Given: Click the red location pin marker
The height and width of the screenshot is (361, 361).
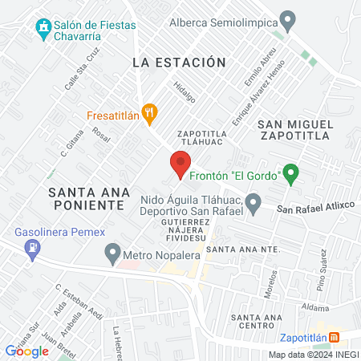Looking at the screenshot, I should (x=179, y=164).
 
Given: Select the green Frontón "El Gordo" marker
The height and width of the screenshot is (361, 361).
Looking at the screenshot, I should (x=291, y=172).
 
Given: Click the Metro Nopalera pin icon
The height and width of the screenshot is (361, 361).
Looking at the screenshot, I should (x=113, y=255).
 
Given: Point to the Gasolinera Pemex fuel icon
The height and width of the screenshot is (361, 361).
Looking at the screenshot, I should (x=32, y=251).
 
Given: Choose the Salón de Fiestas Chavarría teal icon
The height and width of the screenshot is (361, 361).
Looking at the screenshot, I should (x=43, y=30).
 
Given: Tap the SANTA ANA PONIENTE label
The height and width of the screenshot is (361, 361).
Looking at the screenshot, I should (x=87, y=198).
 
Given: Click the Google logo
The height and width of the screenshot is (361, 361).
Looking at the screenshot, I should (x=26, y=351).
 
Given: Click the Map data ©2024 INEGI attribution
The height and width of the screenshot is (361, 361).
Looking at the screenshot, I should (x=313, y=355).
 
